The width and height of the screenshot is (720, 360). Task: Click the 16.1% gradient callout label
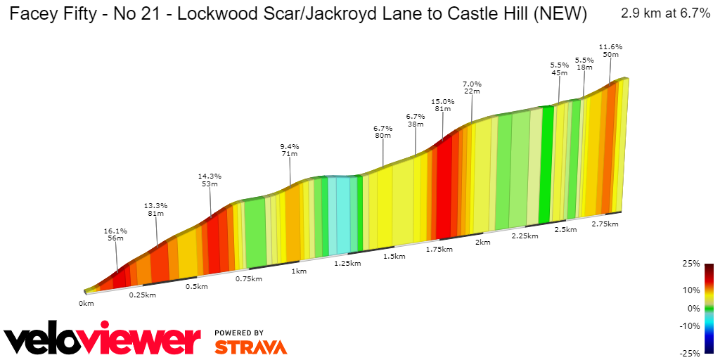coord(115,234)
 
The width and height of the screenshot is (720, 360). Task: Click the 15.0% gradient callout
coord(443,105)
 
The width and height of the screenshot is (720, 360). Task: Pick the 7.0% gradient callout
coord(471,87)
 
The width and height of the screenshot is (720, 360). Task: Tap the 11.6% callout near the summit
coord(610,51)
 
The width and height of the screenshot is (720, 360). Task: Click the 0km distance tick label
coord(86,304)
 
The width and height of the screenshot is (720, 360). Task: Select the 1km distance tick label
coord(300,271)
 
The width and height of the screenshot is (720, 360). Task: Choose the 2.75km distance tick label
coord(604,224)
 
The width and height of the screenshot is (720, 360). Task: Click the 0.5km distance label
coord(196,287)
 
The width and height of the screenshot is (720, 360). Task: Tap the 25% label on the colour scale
coord(692,264)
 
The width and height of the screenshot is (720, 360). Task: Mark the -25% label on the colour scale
coord(690,352)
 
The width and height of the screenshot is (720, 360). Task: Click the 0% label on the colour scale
coord(694,308)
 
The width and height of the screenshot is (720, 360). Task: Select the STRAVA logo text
coord(250,347)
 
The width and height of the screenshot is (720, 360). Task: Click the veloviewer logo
coord(103,339)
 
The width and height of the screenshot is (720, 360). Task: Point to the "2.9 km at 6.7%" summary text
coord(665,13)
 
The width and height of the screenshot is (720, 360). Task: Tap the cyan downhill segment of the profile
coord(340,214)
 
